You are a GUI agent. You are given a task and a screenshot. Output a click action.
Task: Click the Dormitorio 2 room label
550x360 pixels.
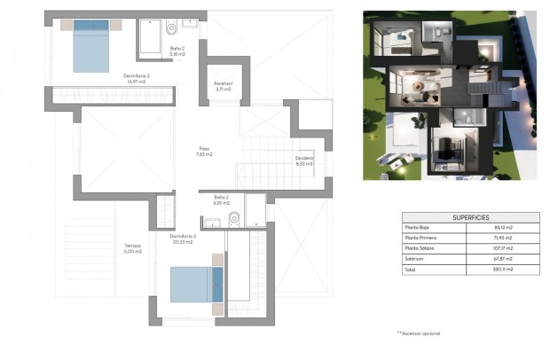[136, 78]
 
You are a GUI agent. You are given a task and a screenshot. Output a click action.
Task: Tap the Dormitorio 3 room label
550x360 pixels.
[183, 238]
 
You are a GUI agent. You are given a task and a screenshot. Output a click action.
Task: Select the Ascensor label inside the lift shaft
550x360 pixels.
[224, 86]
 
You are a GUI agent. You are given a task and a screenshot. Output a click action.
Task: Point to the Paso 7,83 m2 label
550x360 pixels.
[204, 151]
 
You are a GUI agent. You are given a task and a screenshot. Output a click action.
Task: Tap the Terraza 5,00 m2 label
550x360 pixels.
[132, 248]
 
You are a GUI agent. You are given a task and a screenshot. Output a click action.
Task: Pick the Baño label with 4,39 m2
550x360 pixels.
[222, 200]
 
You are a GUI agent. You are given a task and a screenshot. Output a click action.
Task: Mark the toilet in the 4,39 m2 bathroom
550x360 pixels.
[234, 217]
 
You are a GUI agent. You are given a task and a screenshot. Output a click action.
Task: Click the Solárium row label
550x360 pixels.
[414, 260]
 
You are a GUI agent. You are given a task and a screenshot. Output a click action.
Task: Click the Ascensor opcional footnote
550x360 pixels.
[418, 333]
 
